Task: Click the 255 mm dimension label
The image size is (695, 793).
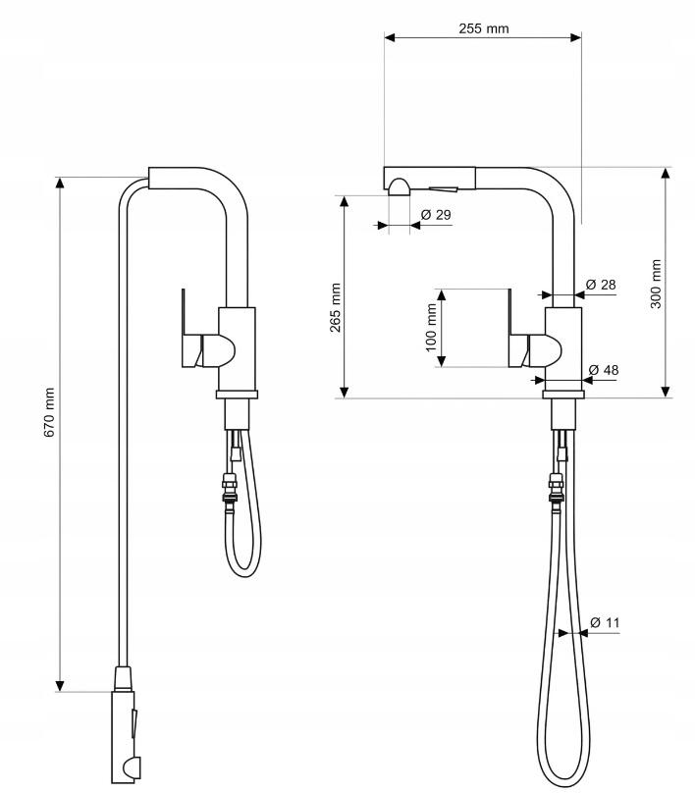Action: pyautogui.click(x=483, y=28)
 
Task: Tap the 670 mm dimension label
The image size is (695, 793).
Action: pyautogui.click(x=48, y=412)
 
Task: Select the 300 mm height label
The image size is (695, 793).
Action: pyautogui.click(x=655, y=284)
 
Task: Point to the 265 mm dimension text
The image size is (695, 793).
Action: pyautogui.click(x=335, y=307)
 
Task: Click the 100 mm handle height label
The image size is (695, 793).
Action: pyautogui.click(x=431, y=327)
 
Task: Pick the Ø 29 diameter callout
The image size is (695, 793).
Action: pyautogui.click(x=436, y=214)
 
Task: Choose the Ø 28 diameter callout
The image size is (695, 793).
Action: pyautogui.click(x=601, y=285)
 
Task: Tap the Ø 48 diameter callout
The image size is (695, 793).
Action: pyautogui.click(x=604, y=370)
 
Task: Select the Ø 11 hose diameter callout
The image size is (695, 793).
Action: pyautogui.click(x=605, y=622)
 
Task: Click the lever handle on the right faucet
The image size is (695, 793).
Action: pyautogui.click(x=530, y=338)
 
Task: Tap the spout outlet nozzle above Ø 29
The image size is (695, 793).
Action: pyautogui.click(x=400, y=186)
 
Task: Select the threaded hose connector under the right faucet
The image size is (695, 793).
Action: pyautogui.click(x=556, y=488)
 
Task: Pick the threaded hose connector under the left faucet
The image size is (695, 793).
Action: pyautogui.click(x=229, y=488)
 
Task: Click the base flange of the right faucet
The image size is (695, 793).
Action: pyautogui.click(x=563, y=395)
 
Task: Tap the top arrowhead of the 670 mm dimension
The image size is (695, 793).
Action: pyautogui.click(x=60, y=183)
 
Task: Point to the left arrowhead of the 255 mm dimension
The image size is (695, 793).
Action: pyautogui.click(x=390, y=37)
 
